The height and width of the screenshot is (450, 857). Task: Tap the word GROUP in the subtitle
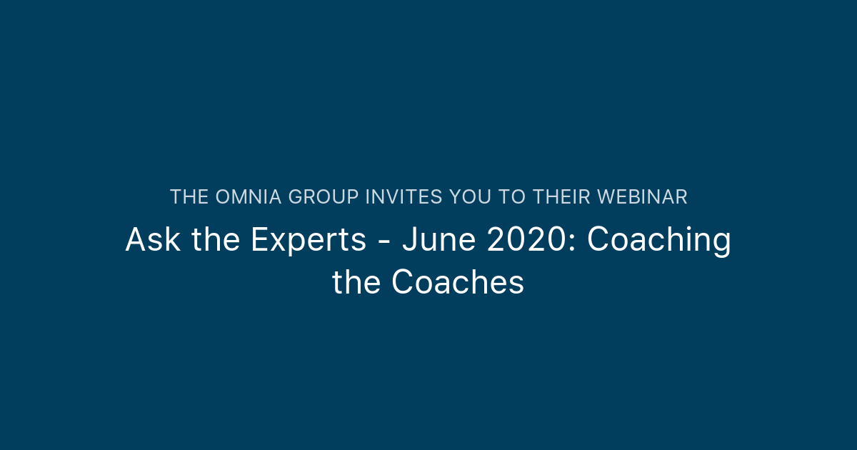click(x=324, y=197)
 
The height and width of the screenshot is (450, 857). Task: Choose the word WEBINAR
click(x=642, y=197)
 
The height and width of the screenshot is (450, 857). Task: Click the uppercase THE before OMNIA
click(x=189, y=197)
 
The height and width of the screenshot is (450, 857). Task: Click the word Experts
click(x=308, y=240)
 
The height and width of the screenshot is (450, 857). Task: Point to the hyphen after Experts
click(x=384, y=241)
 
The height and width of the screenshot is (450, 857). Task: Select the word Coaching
click(x=658, y=240)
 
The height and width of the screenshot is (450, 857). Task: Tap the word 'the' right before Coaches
click(x=357, y=283)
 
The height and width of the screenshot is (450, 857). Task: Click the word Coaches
click(x=458, y=283)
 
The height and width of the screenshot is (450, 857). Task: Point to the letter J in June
click(x=409, y=240)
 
